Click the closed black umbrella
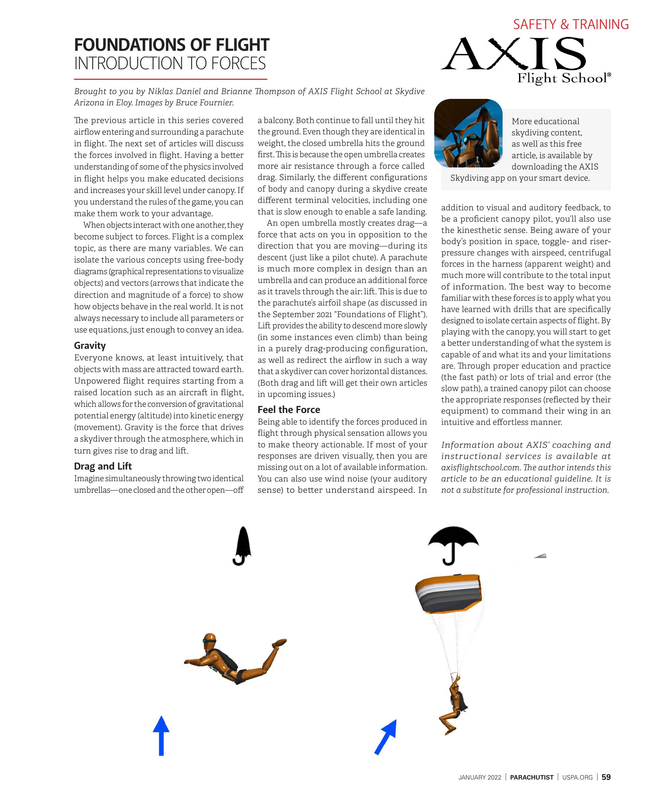[243, 545]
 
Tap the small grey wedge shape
[541, 556]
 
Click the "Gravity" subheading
[90, 345]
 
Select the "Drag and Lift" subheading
[103, 466]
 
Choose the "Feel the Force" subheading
[289, 410]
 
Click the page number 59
[606, 777]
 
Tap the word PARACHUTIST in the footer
[532, 777]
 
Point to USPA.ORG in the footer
[577, 777]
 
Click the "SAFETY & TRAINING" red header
[571, 24]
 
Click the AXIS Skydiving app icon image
[468, 133]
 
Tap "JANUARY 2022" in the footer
[480, 777]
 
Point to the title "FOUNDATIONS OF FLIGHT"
[171, 45]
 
